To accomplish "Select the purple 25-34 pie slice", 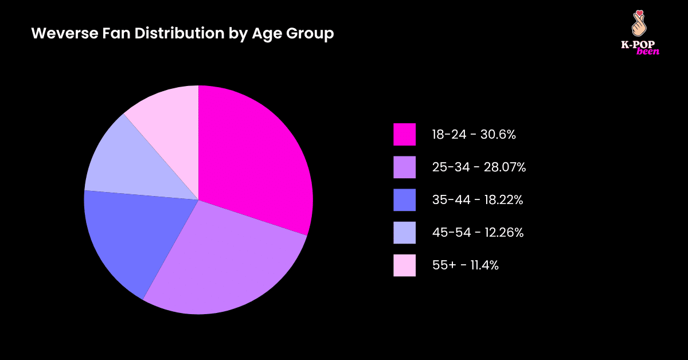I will click(x=224, y=264).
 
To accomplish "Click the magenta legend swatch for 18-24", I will click(x=404, y=135).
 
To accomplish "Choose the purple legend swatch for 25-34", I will click(x=404, y=167).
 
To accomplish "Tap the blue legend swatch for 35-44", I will click(x=404, y=200).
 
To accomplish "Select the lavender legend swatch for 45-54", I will click(x=404, y=233).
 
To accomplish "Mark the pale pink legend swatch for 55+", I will click(x=404, y=265).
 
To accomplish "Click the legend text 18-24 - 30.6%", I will click(x=474, y=135).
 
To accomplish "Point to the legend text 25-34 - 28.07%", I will click(x=479, y=167).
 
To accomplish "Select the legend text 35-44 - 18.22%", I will click(x=477, y=200).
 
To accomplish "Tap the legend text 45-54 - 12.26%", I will click(x=478, y=233).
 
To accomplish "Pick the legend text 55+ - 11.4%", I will click(x=465, y=265).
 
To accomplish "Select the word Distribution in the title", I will click(x=182, y=34).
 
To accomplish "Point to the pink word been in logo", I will click(x=648, y=52).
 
